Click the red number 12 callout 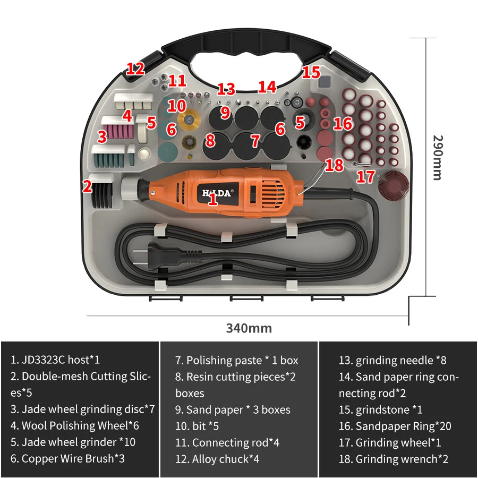135,69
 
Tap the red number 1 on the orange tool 212,200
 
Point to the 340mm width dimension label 249,328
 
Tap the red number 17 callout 365,176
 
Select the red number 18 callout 335,165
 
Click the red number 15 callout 311,72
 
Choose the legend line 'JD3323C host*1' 55,360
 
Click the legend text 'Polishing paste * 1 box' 236,360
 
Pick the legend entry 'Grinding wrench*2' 393,459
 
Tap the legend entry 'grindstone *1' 381,409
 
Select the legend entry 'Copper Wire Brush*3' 67,458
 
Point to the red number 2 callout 88,186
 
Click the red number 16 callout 343,124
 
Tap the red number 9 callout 225,113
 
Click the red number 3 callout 102,137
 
